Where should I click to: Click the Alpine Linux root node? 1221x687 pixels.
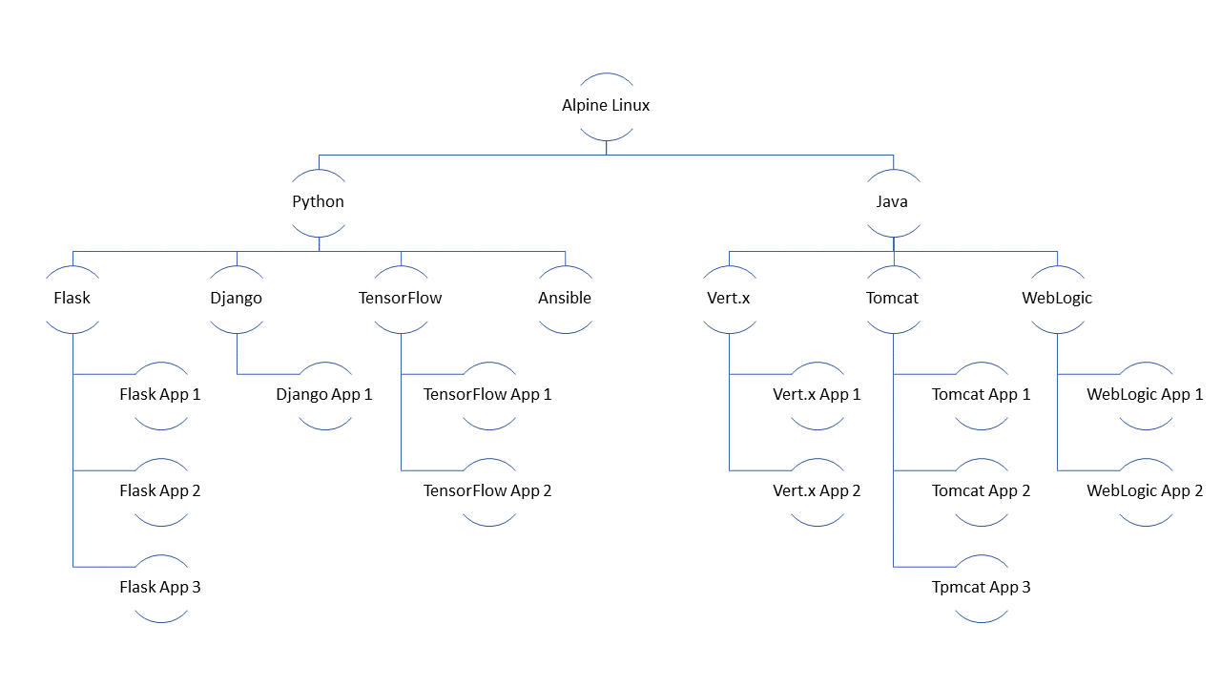(x=606, y=106)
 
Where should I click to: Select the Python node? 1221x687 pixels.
(x=319, y=202)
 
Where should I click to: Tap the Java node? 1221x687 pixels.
(x=893, y=202)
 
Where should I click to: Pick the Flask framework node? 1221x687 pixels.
(x=72, y=299)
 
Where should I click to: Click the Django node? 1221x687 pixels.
(x=237, y=299)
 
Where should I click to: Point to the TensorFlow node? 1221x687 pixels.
(x=401, y=299)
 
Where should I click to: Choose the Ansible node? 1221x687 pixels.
(x=565, y=299)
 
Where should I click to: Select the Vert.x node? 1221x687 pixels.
(x=729, y=299)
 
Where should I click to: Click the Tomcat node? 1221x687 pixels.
(x=893, y=299)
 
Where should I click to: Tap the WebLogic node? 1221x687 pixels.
(x=1057, y=299)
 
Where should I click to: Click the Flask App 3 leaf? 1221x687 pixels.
(x=160, y=588)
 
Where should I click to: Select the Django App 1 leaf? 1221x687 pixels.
(x=324, y=395)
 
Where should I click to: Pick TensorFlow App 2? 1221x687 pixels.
(x=488, y=491)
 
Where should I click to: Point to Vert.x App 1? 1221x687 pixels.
(x=817, y=395)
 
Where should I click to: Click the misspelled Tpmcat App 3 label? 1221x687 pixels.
(x=982, y=588)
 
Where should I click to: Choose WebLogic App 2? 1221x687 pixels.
(x=1145, y=491)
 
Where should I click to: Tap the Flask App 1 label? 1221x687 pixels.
(x=160, y=395)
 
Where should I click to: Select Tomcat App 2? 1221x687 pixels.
(x=982, y=491)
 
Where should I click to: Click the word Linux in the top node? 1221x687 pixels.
(x=630, y=106)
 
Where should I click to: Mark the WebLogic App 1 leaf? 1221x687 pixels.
(x=1145, y=395)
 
